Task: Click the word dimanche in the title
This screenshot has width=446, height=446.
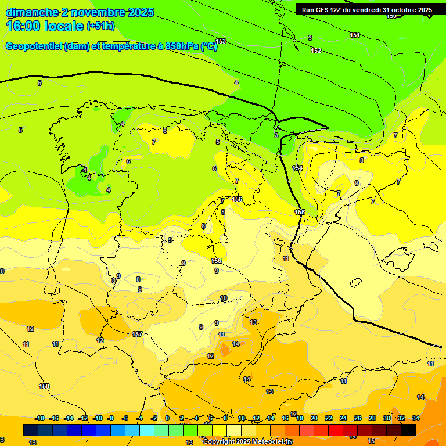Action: point(32,12)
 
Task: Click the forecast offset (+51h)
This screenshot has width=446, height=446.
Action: point(100,26)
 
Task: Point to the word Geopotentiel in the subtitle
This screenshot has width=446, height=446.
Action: point(34,46)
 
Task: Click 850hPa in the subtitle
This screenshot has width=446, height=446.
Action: point(182,46)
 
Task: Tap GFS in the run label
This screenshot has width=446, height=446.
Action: point(323,10)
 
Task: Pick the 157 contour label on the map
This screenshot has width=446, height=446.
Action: point(137,334)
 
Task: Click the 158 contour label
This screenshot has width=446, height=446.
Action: point(44,386)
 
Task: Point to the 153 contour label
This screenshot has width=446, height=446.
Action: point(221,41)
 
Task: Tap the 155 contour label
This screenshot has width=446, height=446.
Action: point(300,212)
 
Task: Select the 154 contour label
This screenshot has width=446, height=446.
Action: point(297,168)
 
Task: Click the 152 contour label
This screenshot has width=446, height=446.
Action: point(316,51)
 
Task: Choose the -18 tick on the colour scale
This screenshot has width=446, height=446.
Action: point(40,418)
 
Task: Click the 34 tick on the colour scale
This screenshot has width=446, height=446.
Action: point(416,418)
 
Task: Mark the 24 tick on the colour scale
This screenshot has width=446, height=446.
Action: point(343,418)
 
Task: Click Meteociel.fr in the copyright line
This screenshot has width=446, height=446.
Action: point(268,442)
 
